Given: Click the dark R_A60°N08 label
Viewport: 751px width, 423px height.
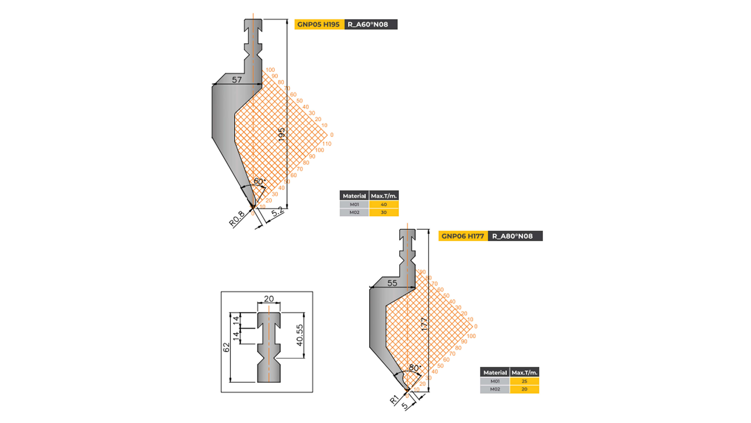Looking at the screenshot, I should click(x=370, y=24).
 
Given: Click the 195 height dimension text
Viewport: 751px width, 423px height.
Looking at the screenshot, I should click(x=282, y=135).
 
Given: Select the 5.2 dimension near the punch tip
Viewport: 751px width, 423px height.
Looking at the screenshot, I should click(x=277, y=212).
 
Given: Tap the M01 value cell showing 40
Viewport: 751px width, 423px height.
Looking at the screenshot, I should click(x=383, y=205).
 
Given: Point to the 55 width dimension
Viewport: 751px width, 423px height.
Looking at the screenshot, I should click(x=392, y=283).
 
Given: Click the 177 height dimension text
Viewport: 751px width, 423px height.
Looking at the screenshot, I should click(x=425, y=324).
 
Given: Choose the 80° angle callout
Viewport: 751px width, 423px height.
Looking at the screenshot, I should click(x=415, y=368).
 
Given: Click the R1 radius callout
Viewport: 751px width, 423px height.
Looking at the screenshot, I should click(x=394, y=399).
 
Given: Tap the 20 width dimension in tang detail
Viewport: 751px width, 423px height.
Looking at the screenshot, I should click(x=269, y=299).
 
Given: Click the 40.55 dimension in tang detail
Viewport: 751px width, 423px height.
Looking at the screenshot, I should click(x=300, y=335).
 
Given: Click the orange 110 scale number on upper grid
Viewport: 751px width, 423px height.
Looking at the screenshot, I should click(x=327, y=144).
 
